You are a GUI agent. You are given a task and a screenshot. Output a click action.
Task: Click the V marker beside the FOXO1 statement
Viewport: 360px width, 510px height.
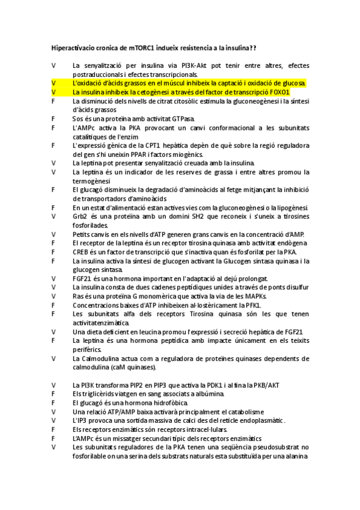click(54, 92)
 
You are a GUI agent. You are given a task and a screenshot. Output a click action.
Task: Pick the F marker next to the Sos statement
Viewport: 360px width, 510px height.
click(54, 119)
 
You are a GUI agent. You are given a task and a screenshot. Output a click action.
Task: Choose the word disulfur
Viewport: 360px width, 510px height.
click(296, 287)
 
